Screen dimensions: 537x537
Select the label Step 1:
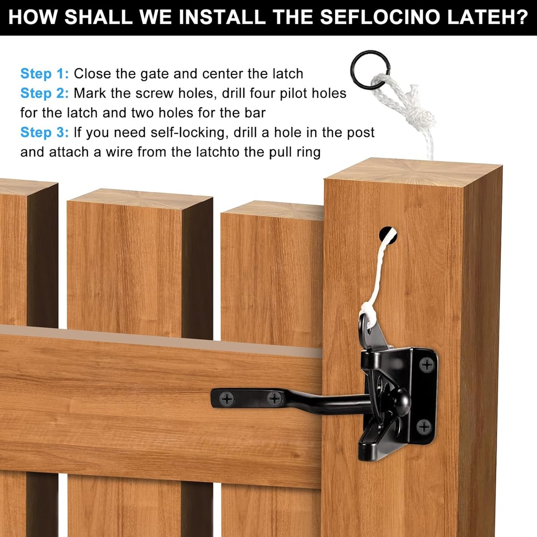click(x=45, y=73)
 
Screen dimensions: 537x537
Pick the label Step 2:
click(x=45, y=93)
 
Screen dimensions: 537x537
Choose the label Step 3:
click(x=45, y=133)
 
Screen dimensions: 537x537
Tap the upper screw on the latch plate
click(x=427, y=363)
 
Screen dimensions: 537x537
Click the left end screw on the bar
click(x=227, y=400)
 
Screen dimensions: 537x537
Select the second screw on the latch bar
click(x=274, y=399)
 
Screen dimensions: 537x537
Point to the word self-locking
click(x=189, y=133)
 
